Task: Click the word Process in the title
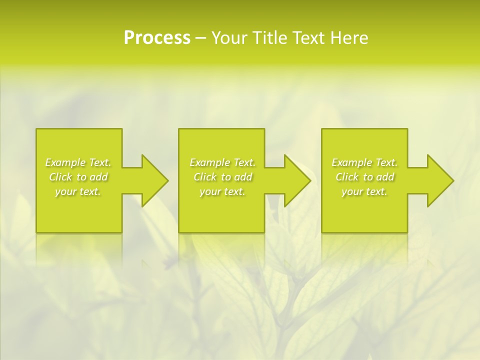click(157, 38)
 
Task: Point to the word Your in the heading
click(229, 38)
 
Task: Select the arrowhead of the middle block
click(303, 180)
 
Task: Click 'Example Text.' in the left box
click(78, 162)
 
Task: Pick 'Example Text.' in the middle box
click(222, 162)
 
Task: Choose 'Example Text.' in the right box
click(364, 162)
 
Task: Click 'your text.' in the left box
click(78, 191)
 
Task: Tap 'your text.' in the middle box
click(222, 191)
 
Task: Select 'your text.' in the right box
click(364, 191)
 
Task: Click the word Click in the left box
click(60, 177)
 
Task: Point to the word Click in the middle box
click(205, 177)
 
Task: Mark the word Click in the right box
click(347, 177)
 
